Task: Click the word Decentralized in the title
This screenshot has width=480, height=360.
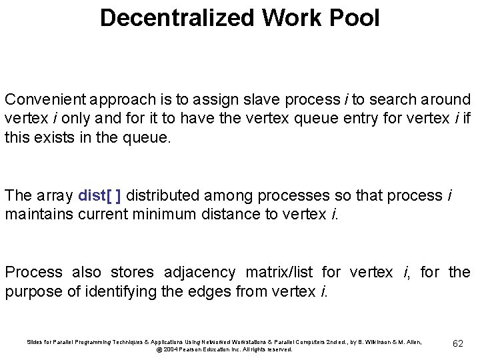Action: (177, 17)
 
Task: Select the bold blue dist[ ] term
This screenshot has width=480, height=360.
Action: (99, 195)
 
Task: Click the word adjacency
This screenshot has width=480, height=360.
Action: (199, 272)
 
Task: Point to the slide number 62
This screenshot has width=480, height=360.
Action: (457, 343)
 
